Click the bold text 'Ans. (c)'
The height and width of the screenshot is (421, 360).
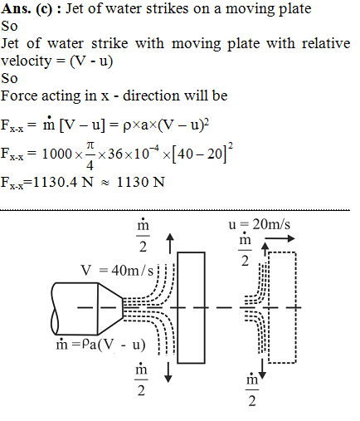[x=27, y=9]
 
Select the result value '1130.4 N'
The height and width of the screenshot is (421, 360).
[x=63, y=182]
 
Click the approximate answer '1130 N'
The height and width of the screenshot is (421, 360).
[x=141, y=182]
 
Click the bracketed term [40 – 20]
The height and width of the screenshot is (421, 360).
[x=199, y=154]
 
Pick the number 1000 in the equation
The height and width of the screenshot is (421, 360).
[x=57, y=154]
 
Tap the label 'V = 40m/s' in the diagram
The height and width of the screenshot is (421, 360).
[x=117, y=270]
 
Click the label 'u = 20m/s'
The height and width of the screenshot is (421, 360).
[x=259, y=224]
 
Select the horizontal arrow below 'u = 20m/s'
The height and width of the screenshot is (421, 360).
[x=280, y=238]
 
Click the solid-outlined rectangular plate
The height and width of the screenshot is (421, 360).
[x=191, y=307]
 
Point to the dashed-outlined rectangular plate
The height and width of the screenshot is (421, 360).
[x=282, y=307]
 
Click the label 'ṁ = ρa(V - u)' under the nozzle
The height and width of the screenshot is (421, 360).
[x=100, y=345]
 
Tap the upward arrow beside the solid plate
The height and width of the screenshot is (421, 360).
[x=170, y=243]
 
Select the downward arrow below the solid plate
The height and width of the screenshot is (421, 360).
[x=168, y=372]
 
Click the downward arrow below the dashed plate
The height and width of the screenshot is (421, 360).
[x=262, y=369]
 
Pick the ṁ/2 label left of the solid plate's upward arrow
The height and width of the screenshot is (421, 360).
[x=143, y=235]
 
